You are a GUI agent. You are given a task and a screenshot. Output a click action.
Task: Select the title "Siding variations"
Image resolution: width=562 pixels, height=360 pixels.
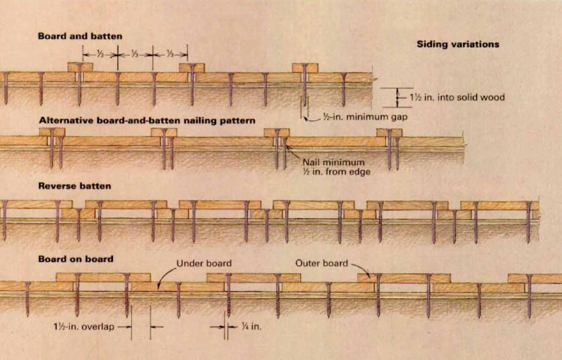(x=458, y=44)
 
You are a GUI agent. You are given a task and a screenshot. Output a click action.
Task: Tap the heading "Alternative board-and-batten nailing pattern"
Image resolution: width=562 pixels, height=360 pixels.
(x=147, y=120)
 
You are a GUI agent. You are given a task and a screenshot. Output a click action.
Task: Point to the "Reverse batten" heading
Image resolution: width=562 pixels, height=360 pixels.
(x=75, y=186)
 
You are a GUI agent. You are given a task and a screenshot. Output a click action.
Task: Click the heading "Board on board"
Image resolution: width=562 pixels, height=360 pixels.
(x=75, y=258)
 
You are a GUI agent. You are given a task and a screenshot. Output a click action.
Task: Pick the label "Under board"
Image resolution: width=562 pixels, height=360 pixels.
(x=204, y=263)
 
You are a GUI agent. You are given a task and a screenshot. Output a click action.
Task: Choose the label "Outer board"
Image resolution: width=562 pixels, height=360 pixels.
(x=321, y=263)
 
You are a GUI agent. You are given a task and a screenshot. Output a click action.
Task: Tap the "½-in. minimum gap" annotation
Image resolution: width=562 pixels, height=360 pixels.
(x=364, y=118)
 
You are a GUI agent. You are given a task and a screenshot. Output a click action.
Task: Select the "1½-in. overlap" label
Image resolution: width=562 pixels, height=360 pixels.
(x=83, y=327)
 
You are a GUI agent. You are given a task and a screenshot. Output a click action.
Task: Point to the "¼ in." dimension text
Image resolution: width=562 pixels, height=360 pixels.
(x=251, y=327)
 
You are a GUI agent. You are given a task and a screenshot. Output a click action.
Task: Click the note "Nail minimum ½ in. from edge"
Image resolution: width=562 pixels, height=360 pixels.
(x=333, y=167)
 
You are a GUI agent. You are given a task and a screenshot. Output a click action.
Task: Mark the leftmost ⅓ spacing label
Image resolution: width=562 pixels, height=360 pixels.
(x=100, y=54)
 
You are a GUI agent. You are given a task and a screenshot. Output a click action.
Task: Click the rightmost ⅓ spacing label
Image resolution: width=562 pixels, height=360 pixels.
(x=170, y=54)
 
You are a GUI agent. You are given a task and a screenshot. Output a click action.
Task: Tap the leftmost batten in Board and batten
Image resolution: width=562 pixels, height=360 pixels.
(x=80, y=67)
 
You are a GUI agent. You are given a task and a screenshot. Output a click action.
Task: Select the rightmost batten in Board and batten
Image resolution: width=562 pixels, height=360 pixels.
(x=305, y=68)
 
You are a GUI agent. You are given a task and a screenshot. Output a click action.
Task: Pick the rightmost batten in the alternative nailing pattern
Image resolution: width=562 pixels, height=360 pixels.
(x=389, y=132)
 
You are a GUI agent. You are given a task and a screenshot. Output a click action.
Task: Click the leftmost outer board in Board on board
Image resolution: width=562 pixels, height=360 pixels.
(x=103, y=277)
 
